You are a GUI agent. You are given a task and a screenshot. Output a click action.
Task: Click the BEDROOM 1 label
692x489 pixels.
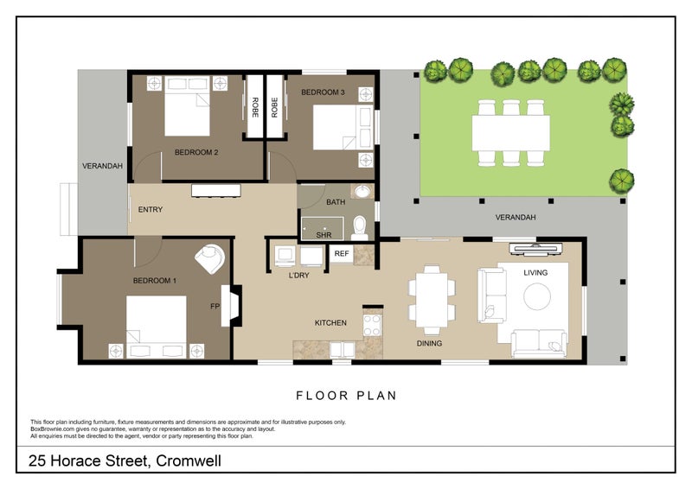tap(155, 281)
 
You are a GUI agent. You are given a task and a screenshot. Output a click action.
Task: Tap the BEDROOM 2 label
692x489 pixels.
tap(196, 153)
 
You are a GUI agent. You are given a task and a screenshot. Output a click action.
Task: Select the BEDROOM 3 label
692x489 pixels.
tap(323, 92)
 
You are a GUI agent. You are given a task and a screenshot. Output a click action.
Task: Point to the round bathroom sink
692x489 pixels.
tap(362, 193)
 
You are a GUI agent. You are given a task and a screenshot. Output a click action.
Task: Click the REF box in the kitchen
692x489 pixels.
tap(342, 254)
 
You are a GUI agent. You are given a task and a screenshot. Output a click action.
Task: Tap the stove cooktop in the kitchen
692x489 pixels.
tap(372, 325)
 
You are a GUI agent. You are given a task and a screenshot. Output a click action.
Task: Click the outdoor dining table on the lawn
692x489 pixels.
tap(510, 132)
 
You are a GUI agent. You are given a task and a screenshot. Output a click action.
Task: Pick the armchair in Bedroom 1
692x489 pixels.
tap(210, 257)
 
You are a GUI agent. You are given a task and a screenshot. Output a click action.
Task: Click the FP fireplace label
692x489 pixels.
tap(215, 306)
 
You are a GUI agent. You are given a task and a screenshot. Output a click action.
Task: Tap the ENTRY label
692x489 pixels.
tap(150, 209)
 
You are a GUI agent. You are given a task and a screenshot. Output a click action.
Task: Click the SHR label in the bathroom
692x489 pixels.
tap(324, 234)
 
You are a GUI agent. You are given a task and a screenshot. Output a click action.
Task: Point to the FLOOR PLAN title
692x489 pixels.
tap(346, 396)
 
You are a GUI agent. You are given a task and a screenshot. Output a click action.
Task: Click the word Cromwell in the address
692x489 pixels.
tap(188, 461)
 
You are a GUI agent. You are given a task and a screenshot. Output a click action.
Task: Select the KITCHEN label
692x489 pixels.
tap(330, 323)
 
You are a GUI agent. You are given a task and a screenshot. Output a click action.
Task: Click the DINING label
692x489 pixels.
tap(429, 343)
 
